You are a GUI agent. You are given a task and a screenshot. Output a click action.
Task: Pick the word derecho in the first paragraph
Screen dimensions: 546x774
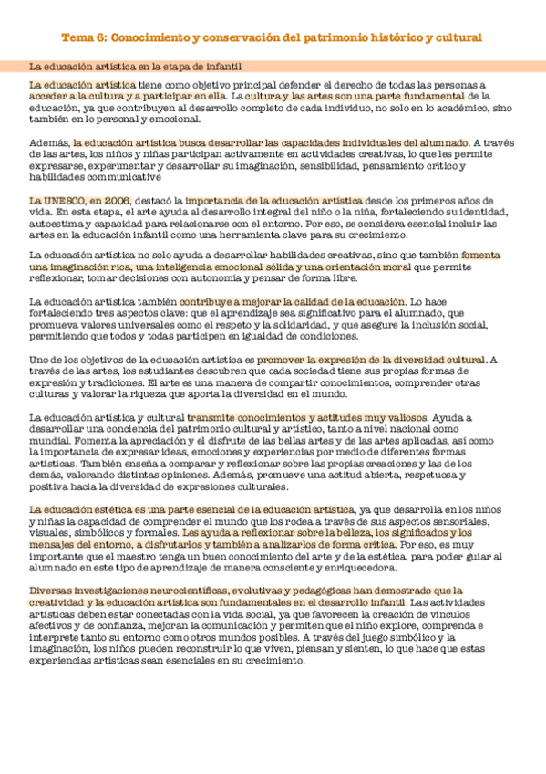tap(316, 84)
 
